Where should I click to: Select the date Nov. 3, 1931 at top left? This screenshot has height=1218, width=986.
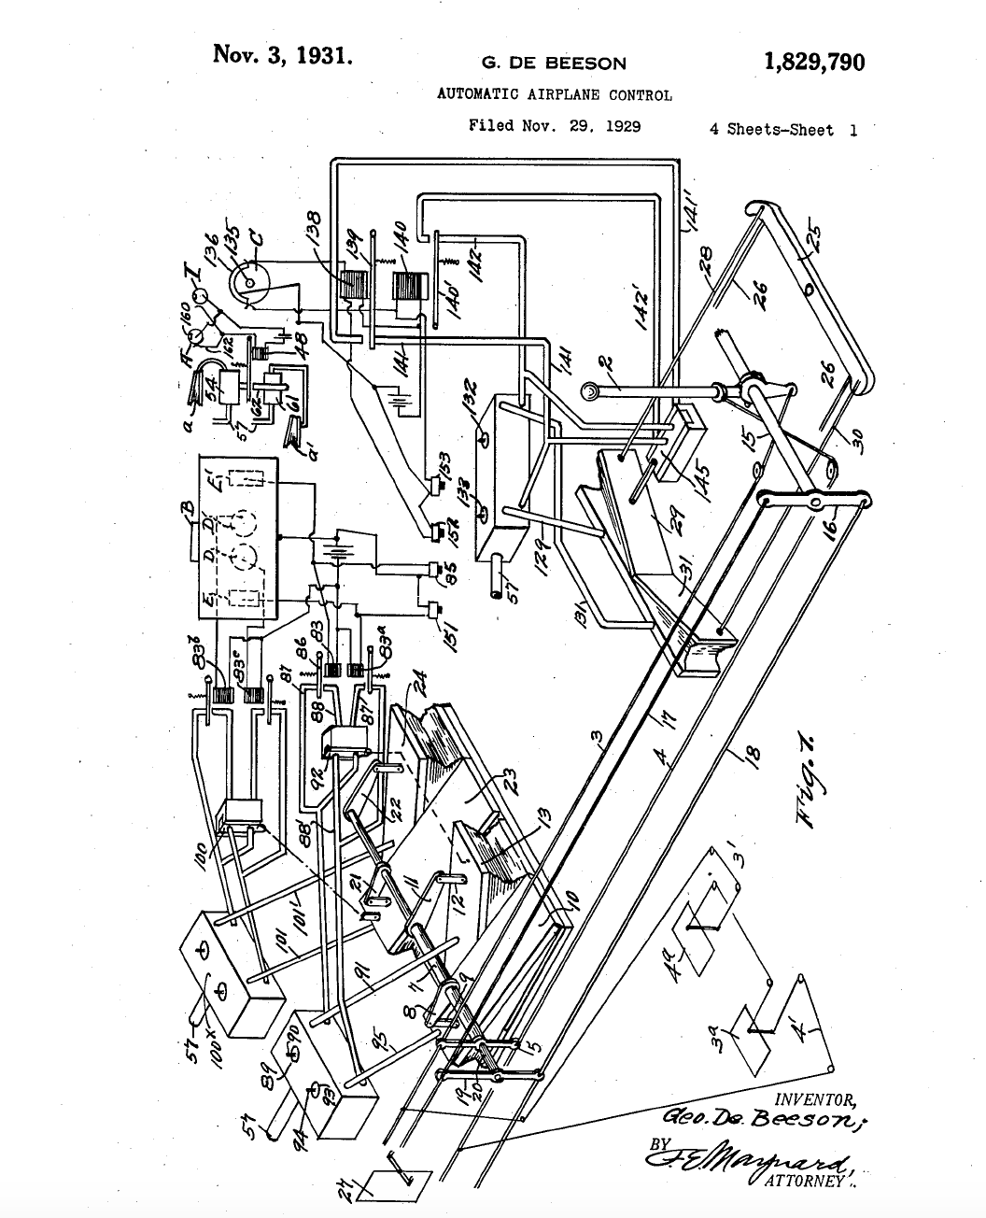(x=283, y=54)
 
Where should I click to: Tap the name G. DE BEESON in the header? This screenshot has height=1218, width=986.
(x=554, y=64)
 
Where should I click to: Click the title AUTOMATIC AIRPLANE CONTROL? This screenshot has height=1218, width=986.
(x=554, y=94)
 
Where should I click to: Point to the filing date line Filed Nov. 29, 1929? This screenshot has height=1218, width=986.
(x=554, y=125)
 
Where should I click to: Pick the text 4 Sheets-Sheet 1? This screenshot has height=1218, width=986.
(x=782, y=130)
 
